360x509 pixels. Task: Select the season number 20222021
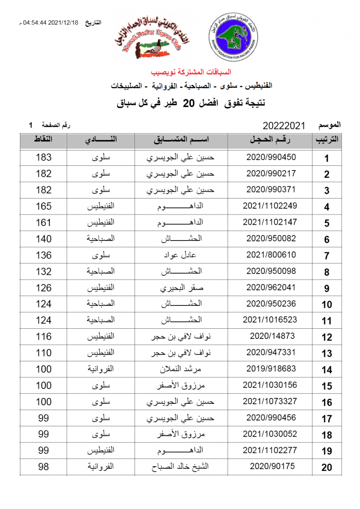284,126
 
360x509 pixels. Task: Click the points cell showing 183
43,157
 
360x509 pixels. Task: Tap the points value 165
43,206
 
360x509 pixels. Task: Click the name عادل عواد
181,255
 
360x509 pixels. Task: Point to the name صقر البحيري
181,288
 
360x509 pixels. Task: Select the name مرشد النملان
181,369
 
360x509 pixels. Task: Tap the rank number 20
326,467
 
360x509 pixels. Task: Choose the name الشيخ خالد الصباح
181,467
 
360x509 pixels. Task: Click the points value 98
43,467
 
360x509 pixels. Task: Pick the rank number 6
327,240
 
